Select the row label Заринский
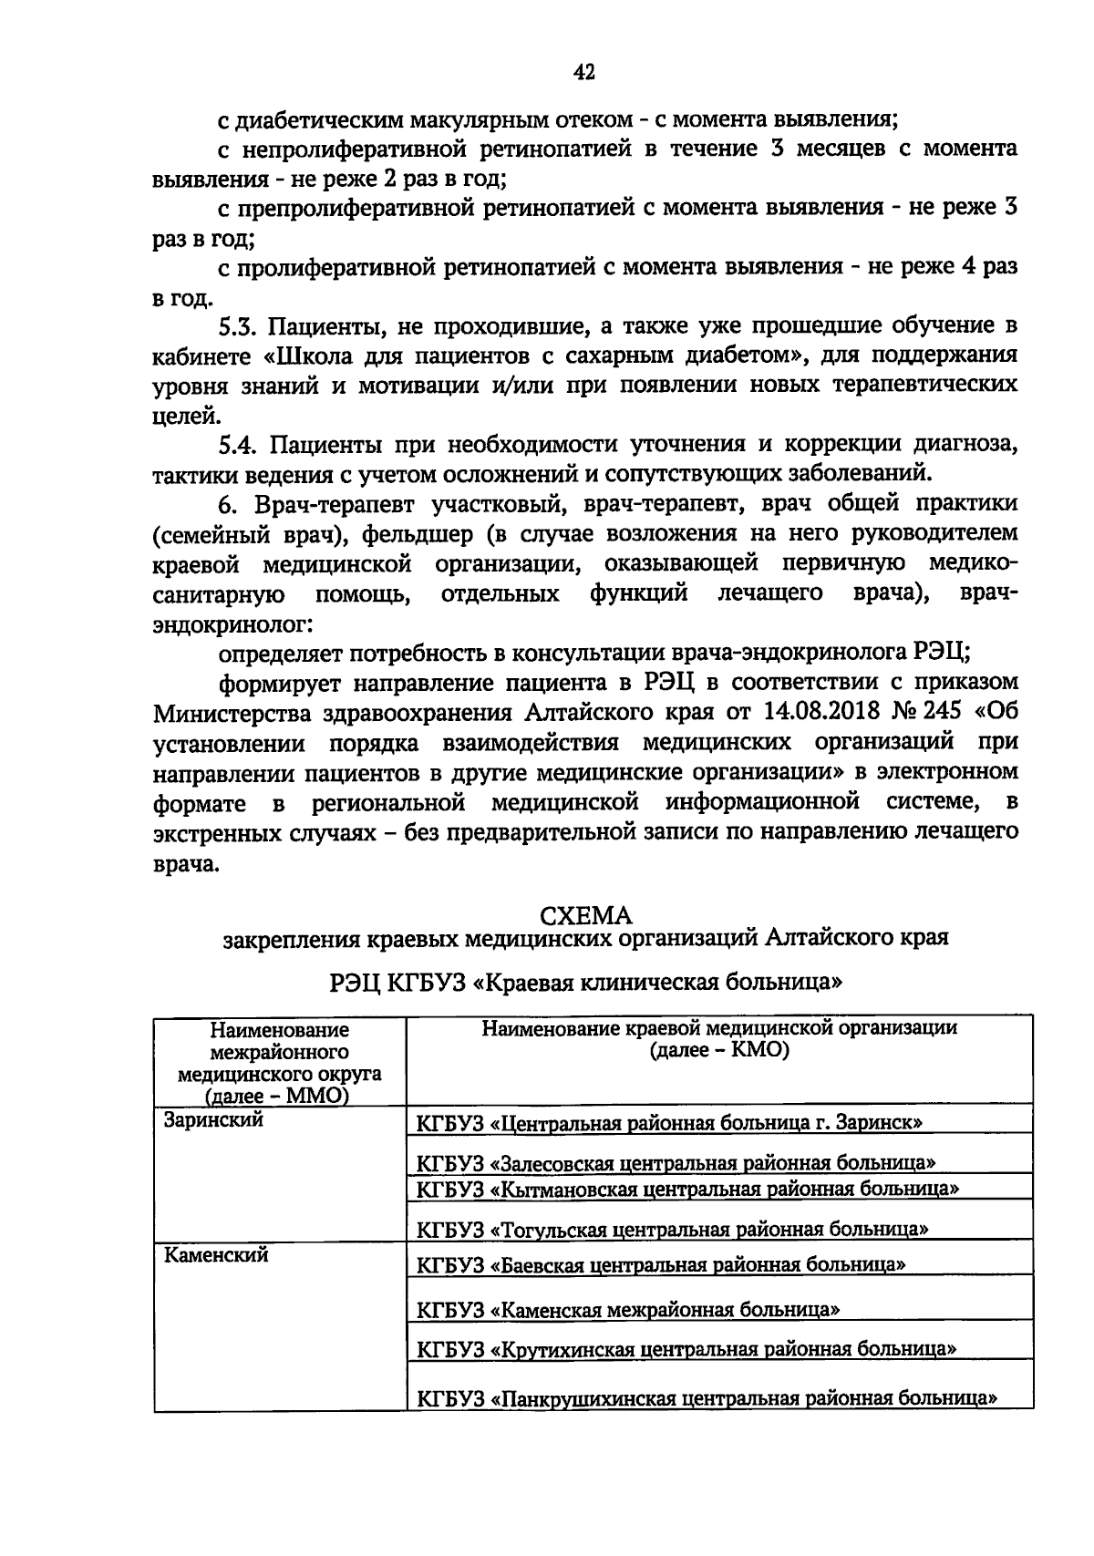tap(212, 1119)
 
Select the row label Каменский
tap(215, 1255)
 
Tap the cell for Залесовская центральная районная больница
tap(676, 1162)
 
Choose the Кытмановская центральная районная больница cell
tap(687, 1189)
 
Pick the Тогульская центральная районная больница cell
tap(672, 1229)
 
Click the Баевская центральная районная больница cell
tap(661, 1264)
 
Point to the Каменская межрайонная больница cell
tap(628, 1309)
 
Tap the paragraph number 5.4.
tap(242, 445)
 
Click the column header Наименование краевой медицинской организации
tap(719, 1028)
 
